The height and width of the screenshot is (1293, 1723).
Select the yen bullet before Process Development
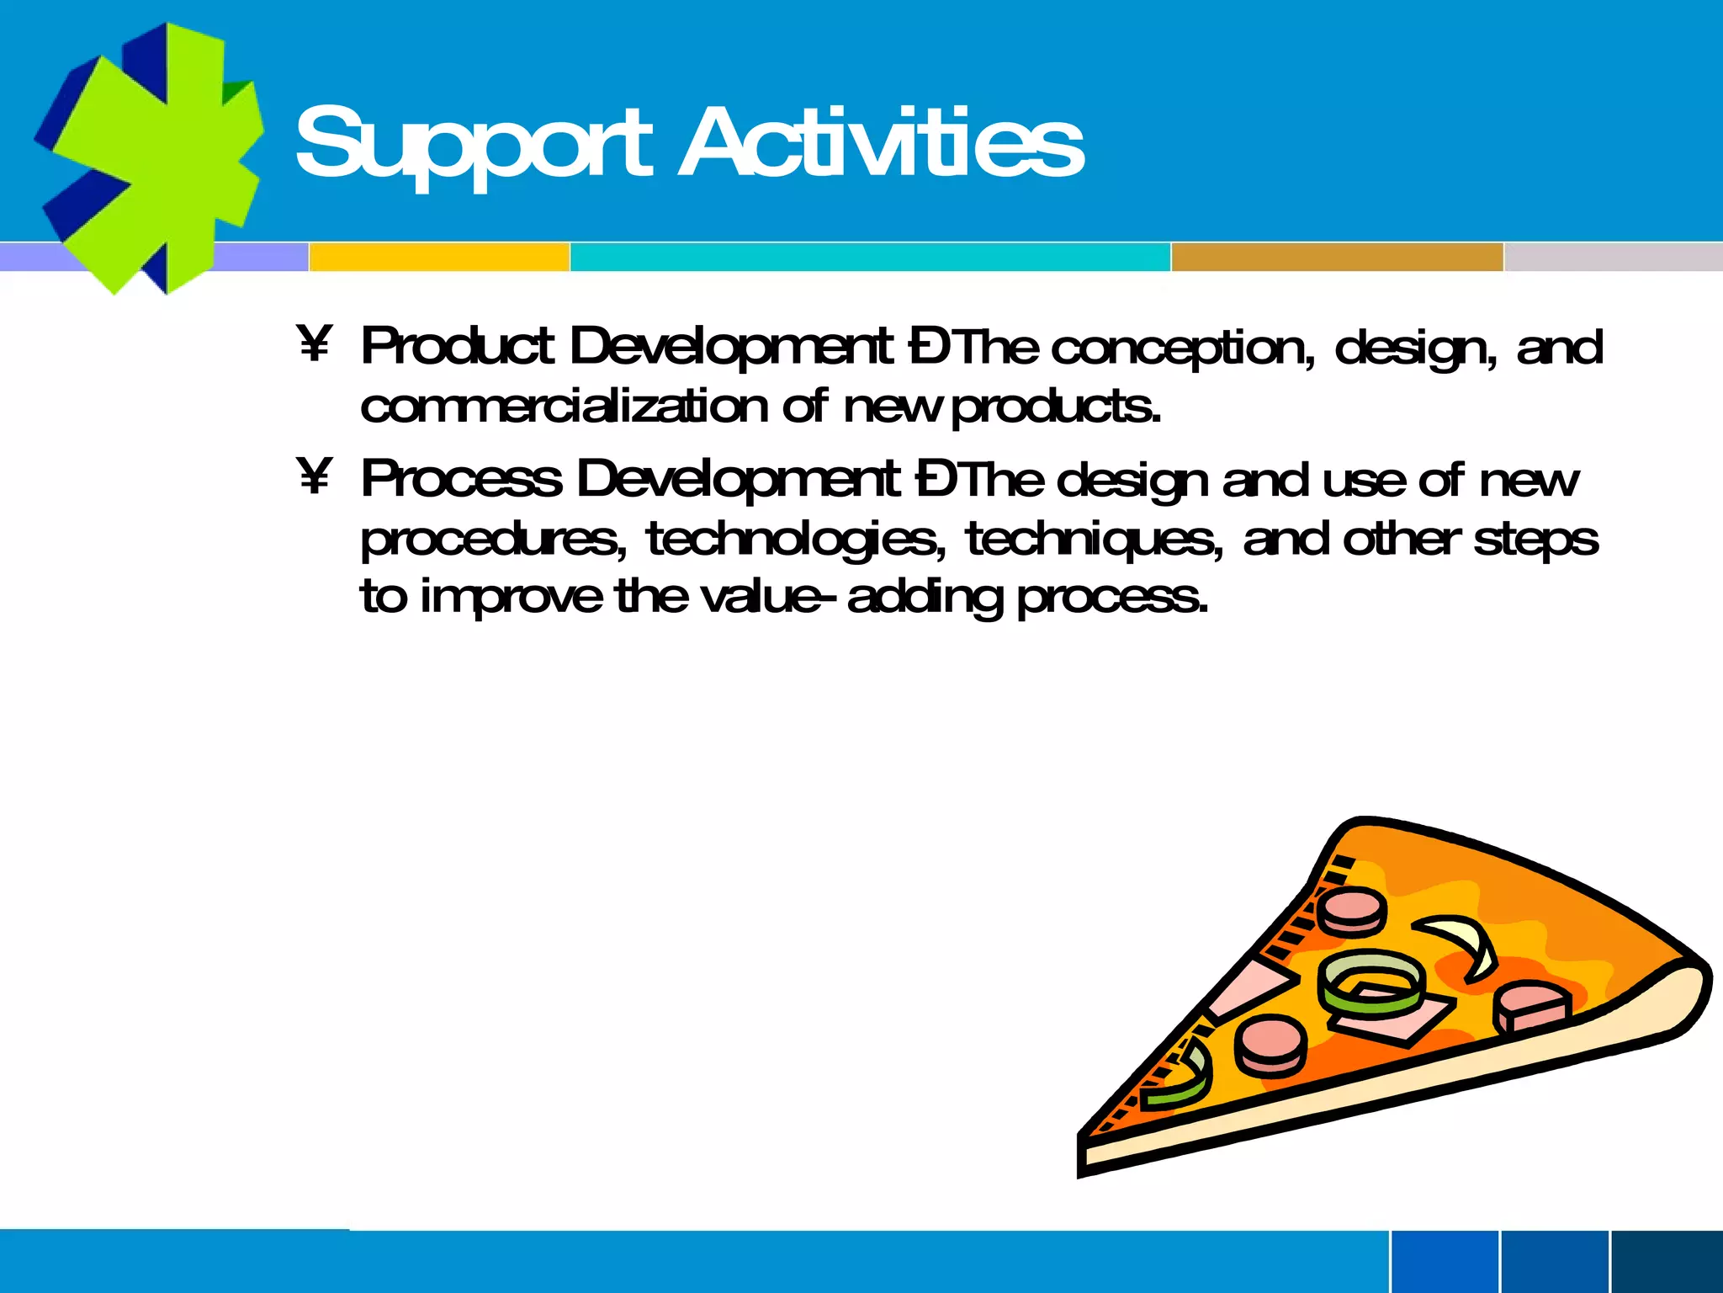tap(315, 476)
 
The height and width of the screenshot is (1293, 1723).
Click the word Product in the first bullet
tap(457, 346)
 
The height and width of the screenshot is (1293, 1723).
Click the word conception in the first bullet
tap(1182, 348)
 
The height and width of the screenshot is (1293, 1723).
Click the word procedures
tap(493, 540)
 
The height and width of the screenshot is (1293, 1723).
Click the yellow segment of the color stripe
tap(439, 257)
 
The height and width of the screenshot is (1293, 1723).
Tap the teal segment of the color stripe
tap(870, 257)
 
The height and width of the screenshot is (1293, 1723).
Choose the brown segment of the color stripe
tap(1336, 257)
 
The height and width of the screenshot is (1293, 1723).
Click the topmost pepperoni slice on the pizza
tap(1351, 911)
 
